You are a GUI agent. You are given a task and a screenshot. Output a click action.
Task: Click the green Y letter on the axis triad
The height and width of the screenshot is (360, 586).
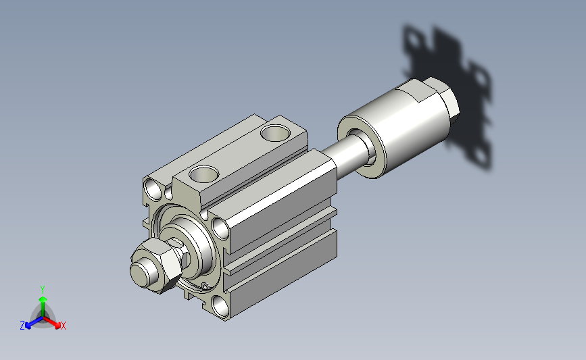click(x=43, y=290)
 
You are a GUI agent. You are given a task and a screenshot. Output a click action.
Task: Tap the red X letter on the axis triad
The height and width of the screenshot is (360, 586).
click(x=63, y=326)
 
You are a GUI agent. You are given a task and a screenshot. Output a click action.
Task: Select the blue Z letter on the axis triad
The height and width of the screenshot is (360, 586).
click(x=22, y=326)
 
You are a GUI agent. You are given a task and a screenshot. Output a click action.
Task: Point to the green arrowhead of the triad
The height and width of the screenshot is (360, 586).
click(x=43, y=299)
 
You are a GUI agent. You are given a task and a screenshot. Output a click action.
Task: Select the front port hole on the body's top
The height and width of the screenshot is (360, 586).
click(x=203, y=174)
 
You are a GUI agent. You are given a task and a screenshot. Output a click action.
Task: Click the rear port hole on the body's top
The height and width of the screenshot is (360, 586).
click(x=276, y=133)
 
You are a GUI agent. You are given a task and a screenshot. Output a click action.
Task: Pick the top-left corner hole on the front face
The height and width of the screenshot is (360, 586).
click(x=153, y=189)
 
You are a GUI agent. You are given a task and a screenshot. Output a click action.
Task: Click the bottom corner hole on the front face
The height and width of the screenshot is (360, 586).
click(x=220, y=306)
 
